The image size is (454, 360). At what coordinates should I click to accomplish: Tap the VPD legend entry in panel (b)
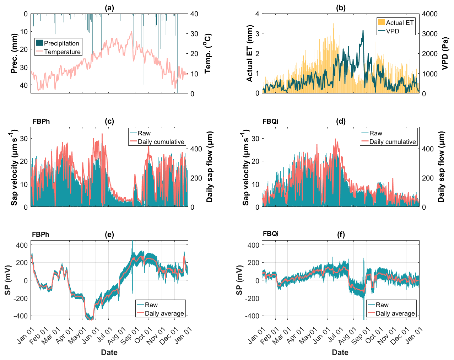coord(393,31)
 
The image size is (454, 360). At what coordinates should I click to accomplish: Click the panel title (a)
coord(109,8)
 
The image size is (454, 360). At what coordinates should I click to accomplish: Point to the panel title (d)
coord(340,121)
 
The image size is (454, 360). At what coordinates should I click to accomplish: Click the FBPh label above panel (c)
coord(41,122)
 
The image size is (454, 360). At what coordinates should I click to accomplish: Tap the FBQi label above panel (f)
coord(271,233)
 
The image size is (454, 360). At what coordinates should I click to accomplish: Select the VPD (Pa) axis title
coord(444,54)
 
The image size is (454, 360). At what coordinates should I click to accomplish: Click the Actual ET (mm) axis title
coord(249,54)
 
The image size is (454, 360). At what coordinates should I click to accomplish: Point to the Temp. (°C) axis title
coord(208,54)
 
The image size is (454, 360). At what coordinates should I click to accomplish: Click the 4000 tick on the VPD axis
coord(429,14)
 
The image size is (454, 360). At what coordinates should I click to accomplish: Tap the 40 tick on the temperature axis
coord(194,14)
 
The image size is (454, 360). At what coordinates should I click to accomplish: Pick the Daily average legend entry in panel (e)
coord(164,313)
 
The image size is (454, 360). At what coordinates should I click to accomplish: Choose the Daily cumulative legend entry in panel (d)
coord(392,142)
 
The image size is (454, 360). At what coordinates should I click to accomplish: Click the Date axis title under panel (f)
coord(340,353)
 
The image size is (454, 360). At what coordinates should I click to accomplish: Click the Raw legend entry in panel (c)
coord(144,133)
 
